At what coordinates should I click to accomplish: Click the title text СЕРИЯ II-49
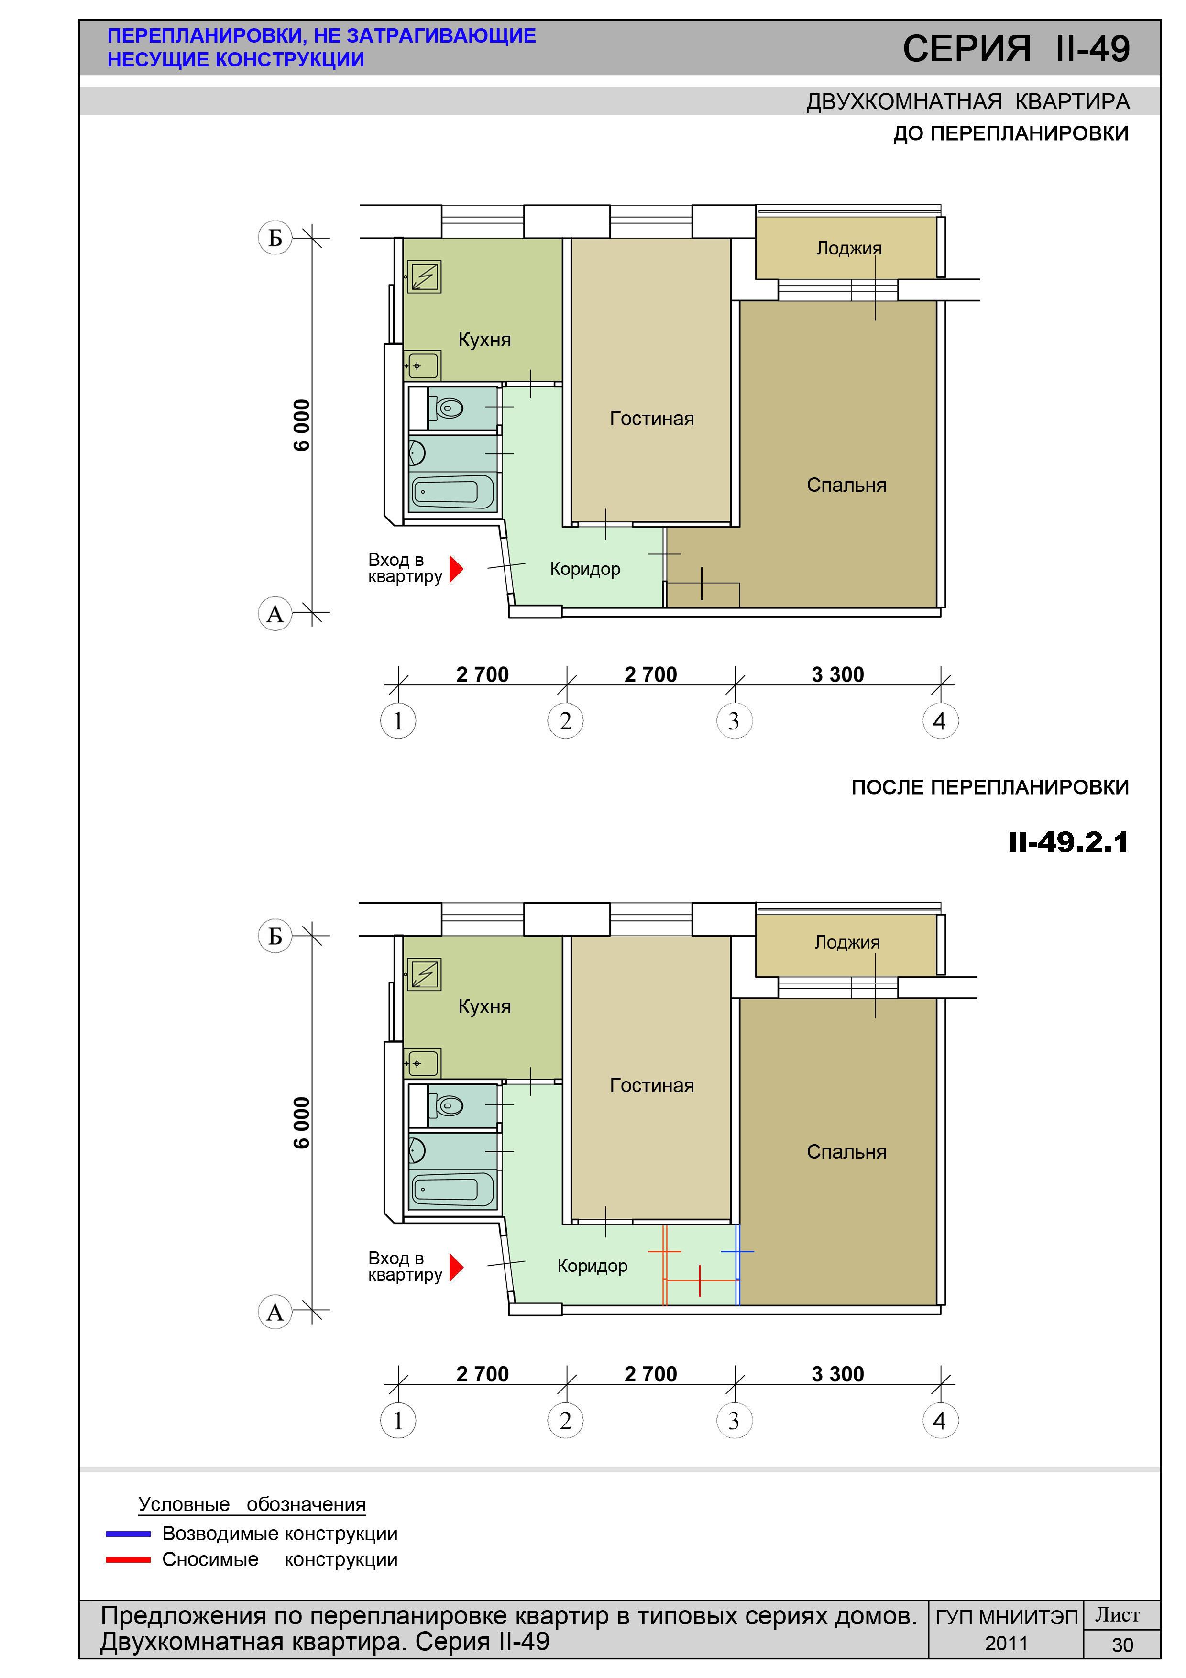[1016, 49]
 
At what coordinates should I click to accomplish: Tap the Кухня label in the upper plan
[484, 340]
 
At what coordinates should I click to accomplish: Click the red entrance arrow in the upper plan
[456, 569]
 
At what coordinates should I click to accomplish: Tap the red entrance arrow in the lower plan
[456, 1267]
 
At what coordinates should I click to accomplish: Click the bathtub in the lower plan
[453, 1190]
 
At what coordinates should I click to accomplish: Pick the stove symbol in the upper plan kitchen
[424, 277]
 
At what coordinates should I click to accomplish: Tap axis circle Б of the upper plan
[275, 238]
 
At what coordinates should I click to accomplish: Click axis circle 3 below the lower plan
[734, 1421]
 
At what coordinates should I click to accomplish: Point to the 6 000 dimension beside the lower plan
[301, 1123]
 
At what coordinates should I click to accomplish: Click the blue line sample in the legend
[128, 1534]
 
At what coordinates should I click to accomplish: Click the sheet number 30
[1122, 1645]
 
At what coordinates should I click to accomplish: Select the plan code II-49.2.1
[1068, 843]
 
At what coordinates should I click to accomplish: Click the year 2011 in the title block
[1006, 1644]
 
